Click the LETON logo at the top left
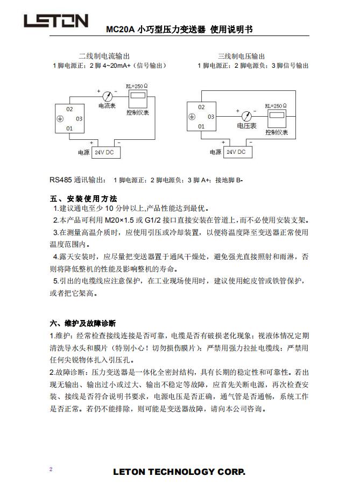[55, 21]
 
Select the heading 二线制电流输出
[104, 56]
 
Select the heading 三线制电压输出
[241, 56]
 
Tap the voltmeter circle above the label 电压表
[246, 116]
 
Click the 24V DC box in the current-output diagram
[106, 153]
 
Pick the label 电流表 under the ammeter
[107, 106]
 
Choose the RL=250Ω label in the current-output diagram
[137, 86]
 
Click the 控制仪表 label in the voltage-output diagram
[277, 132]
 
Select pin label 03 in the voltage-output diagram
[211, 117]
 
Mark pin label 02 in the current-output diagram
[69, 109]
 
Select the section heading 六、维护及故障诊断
[82, 323]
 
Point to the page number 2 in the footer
[51, 469]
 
